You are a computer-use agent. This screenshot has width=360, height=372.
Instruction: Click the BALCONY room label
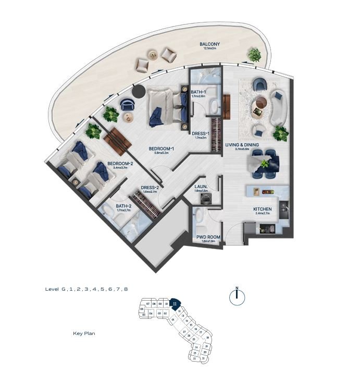click(x=209, y=44)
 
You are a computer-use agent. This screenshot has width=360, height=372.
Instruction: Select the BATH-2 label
click(x=123, y=207)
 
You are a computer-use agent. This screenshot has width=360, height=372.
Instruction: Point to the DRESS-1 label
click(x=200, y=133)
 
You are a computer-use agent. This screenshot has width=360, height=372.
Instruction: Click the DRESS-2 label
click(x=150, y=187)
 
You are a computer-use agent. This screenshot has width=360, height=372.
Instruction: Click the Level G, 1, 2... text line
click(x=86, y=289)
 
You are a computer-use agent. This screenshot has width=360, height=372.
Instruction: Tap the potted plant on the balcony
click(x=255, y=54)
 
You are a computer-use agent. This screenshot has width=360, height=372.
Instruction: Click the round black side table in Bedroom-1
click(x=139, y=92)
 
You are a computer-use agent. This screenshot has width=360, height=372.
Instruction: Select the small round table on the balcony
click(x=154, y=53)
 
